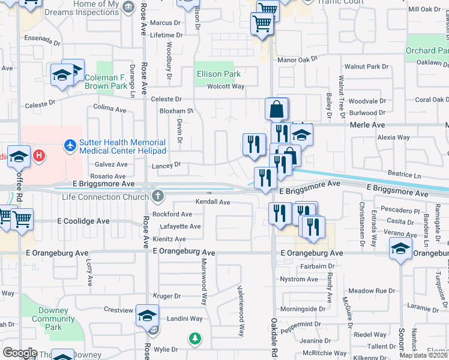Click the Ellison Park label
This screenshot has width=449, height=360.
(x=218, y=74)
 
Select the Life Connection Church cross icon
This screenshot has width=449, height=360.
(x=157, y=196)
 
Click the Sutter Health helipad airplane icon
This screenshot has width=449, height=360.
(x=70, y=145)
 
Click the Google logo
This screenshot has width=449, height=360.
(x=20, y=353)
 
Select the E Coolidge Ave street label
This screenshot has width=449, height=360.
(x=83, y=221)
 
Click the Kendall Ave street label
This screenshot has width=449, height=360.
(x=213, y=202)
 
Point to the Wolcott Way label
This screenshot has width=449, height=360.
(x=226, y=86)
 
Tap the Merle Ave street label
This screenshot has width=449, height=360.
(x=367, y=125)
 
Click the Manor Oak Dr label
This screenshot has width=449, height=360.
(x=297, y=59)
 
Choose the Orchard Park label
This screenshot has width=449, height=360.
(x=427, y=51)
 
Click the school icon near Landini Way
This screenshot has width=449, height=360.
(x=147, y=315)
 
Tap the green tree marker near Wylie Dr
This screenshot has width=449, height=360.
(x=194, y=339)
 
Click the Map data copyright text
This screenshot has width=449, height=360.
(x=424, y=355)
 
